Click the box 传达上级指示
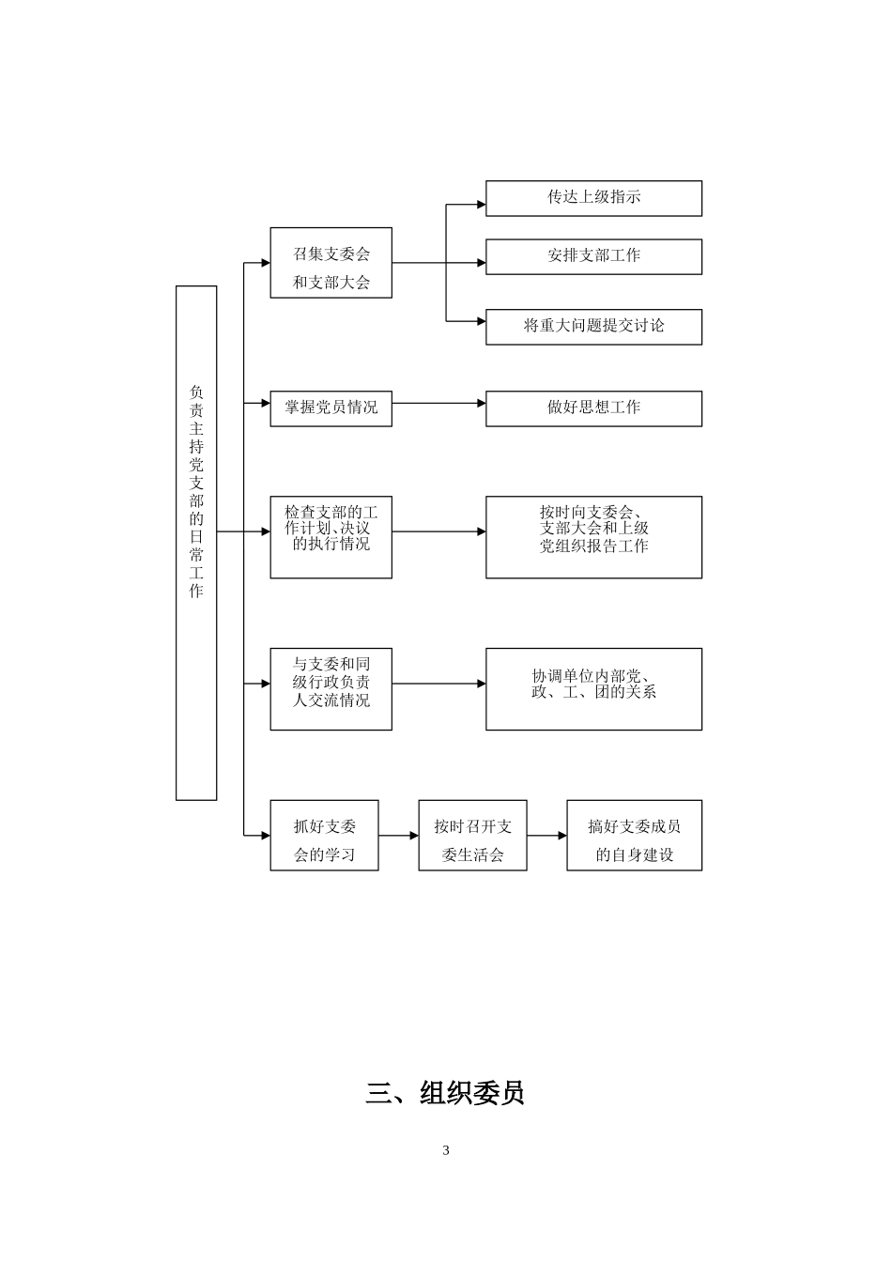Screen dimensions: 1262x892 pyautogui.click(x=593, y=198)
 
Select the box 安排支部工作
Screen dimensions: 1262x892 pyautogui.click(x=593, y=256)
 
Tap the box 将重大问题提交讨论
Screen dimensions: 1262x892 pyautogui.click(x=593, y=327)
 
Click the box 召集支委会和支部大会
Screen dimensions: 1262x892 pyautogui.click(x=331, y=263)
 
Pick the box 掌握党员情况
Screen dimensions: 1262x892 pyautogui.click(x=331, y=408)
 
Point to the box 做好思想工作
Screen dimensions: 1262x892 pyautogui.click(x=593, y=408)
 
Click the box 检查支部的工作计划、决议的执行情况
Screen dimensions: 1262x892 pyautogui.click(x=331, y=537)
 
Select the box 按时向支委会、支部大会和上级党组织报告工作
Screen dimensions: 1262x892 pyautogui.click(x=593, y=537)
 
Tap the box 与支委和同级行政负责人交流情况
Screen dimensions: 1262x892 pyautogui.click(x=331, y=688)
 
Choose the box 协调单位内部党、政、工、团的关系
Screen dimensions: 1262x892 pyautogui.click(x=593, y=688)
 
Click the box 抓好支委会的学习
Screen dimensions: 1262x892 pyautogui.click(x=324, y=835)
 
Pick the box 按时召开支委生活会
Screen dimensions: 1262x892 pyautogui.click(x=472, y=835)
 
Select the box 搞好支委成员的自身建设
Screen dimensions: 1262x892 pyautogui.click(x=634, y=835)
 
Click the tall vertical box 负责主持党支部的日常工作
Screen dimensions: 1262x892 pyautogui.click(x=196, y=543)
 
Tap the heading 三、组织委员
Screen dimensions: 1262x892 pyautogui.click(x=445, y=1093)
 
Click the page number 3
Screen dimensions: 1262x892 pyautogui.click(x=446, y=1150)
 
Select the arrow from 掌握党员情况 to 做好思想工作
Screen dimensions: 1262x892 pyautogui.click(x=438, y=404)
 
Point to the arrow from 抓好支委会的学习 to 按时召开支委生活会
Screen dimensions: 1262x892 pyautogui.click(x=398, y=835)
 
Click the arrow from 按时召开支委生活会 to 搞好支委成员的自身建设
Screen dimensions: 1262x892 pyautogui.click(x=546, y=835)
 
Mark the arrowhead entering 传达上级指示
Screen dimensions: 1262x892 pyautogui.click(x=481, y=204)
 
